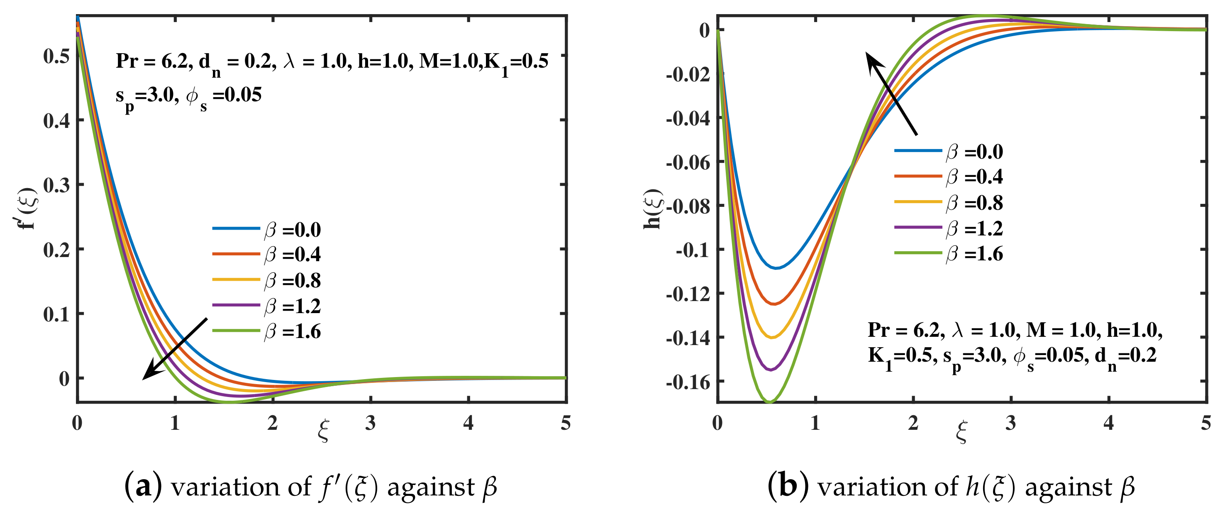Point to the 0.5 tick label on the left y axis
[x=56, y=56]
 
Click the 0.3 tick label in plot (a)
[x=56, y=185]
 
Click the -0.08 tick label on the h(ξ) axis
[x=688, y=206]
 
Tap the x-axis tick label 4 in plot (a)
[x=468, y=423]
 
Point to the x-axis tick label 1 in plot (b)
[x=815, y=423]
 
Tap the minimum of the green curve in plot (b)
[x=769, y=403]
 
